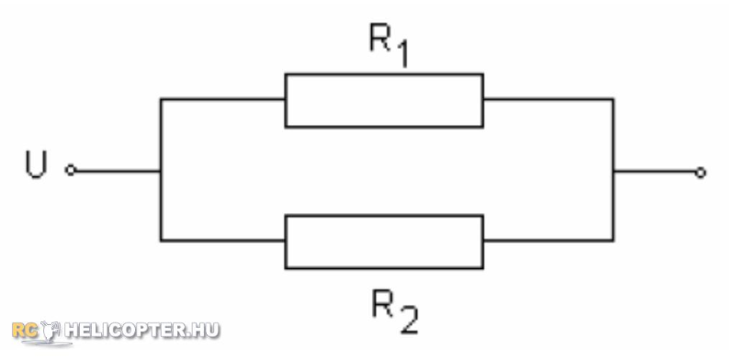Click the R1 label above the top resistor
tap(389, 46)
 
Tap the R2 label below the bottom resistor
tap(394, 311)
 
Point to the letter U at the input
tap(36, 165)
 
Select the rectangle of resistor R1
tap(384, 73)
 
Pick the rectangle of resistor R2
tap(384, 216)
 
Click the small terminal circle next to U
tap(71, 170)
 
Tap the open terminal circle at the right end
tap(700, 173)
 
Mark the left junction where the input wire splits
tap(161, 171)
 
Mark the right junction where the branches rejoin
tap(613, 171)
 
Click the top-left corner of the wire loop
tap(161, 99)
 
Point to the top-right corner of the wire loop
tap(613, 99)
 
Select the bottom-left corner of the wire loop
tap(161, 241)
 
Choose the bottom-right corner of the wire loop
tap(613, 241)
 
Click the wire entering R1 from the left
tap(222, 99)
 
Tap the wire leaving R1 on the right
tap(548, 99)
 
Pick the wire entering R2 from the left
tap(222, 241)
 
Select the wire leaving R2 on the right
tap(548, 241)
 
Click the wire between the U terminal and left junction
tap(119, 171)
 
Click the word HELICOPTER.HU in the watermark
tap(142, 330)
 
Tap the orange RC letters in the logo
tap(25, 330)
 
